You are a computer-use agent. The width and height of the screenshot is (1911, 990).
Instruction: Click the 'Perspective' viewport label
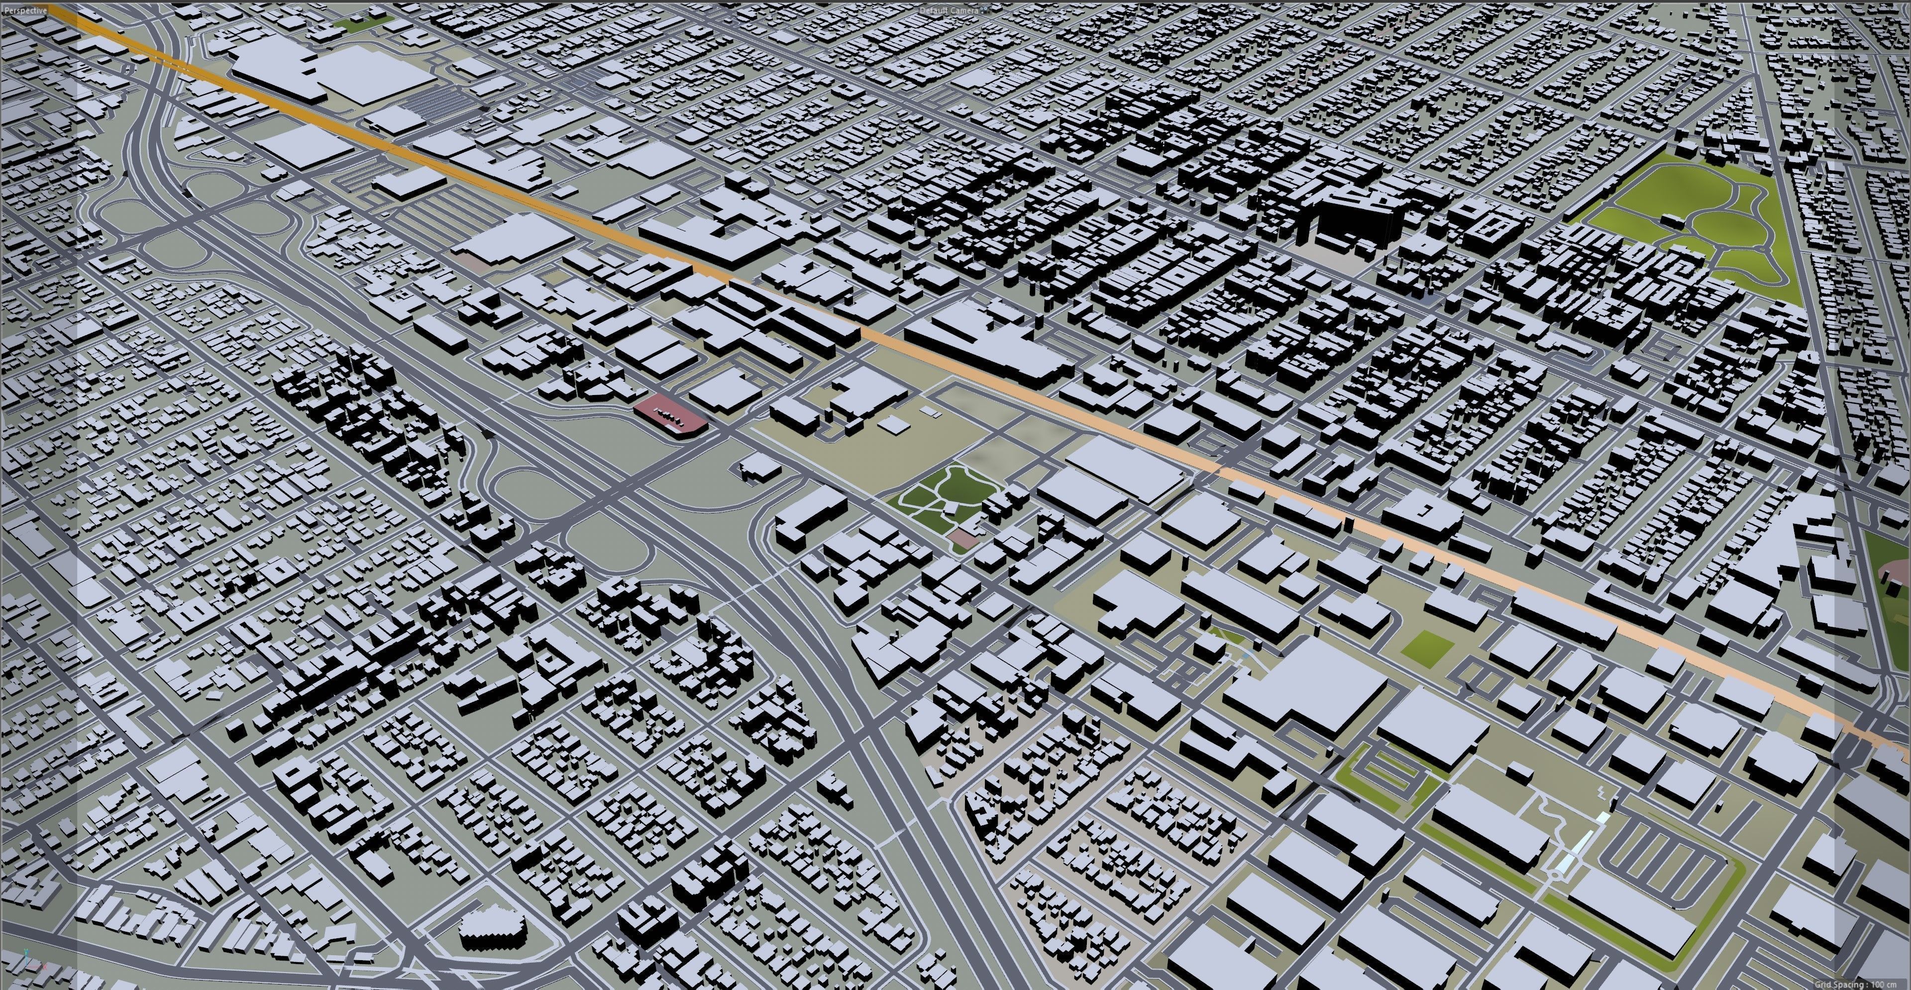pos(24,11)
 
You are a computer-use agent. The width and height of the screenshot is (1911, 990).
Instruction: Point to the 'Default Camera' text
pos(950,10)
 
